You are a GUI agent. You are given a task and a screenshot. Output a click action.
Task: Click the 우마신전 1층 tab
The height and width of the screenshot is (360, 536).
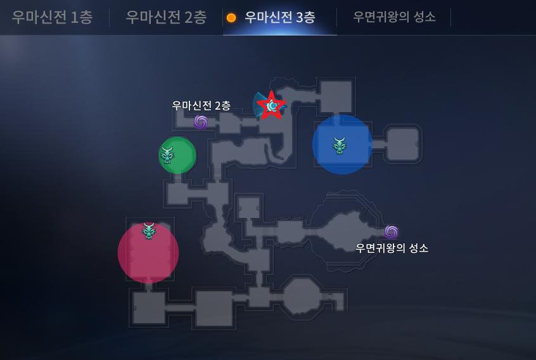pyautogui.click(x=52, y=17)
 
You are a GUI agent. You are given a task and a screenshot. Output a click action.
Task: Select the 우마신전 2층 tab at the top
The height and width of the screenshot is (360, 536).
pyautogui.click(x=166, y=17)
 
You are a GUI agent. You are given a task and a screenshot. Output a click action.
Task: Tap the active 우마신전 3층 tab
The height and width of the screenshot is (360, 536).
pyautogui.click(x=279, y=17)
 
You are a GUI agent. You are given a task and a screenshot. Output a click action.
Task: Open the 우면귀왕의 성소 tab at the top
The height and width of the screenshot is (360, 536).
pyautogui.click(x=394, y=17)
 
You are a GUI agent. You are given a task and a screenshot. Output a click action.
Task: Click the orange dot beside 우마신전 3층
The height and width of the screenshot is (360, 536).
pyautogui.click(x=231, y=18)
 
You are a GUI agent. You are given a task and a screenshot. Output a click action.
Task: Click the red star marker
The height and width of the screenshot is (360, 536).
pyautogui.click(x=272, y=105)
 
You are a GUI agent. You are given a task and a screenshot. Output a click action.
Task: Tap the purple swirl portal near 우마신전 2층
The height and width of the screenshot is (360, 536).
pyautogui.click(x=201, y=122)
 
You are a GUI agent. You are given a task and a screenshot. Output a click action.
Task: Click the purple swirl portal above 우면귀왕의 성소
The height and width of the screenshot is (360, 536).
pyautogui.click(x=391, y=232)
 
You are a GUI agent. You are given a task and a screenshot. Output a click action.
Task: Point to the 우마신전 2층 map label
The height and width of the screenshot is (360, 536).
pyautogui.click(x=201, y=105)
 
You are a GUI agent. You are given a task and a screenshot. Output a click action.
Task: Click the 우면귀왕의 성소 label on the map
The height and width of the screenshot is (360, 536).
pyautogui.click(x=392, y=248)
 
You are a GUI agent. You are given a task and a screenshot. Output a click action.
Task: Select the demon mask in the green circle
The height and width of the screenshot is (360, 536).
pyautogui.click(x=168, y=154)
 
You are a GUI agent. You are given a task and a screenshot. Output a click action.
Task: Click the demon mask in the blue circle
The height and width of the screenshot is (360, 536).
pyautogui.click(x=340, y=146)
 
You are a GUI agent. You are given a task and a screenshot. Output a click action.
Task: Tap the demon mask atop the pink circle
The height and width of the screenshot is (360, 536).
pyautogui.click(x=148, y=231)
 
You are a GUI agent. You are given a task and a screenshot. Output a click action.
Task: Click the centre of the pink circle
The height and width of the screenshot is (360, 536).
pyautogui.click(x=148, y=254)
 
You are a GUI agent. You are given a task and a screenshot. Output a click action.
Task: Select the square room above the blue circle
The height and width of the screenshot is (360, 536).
pyautogui.click(x=336, y=96)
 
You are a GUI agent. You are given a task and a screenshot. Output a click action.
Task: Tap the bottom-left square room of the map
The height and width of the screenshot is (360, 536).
pyautogui.click(x=149, y=307)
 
